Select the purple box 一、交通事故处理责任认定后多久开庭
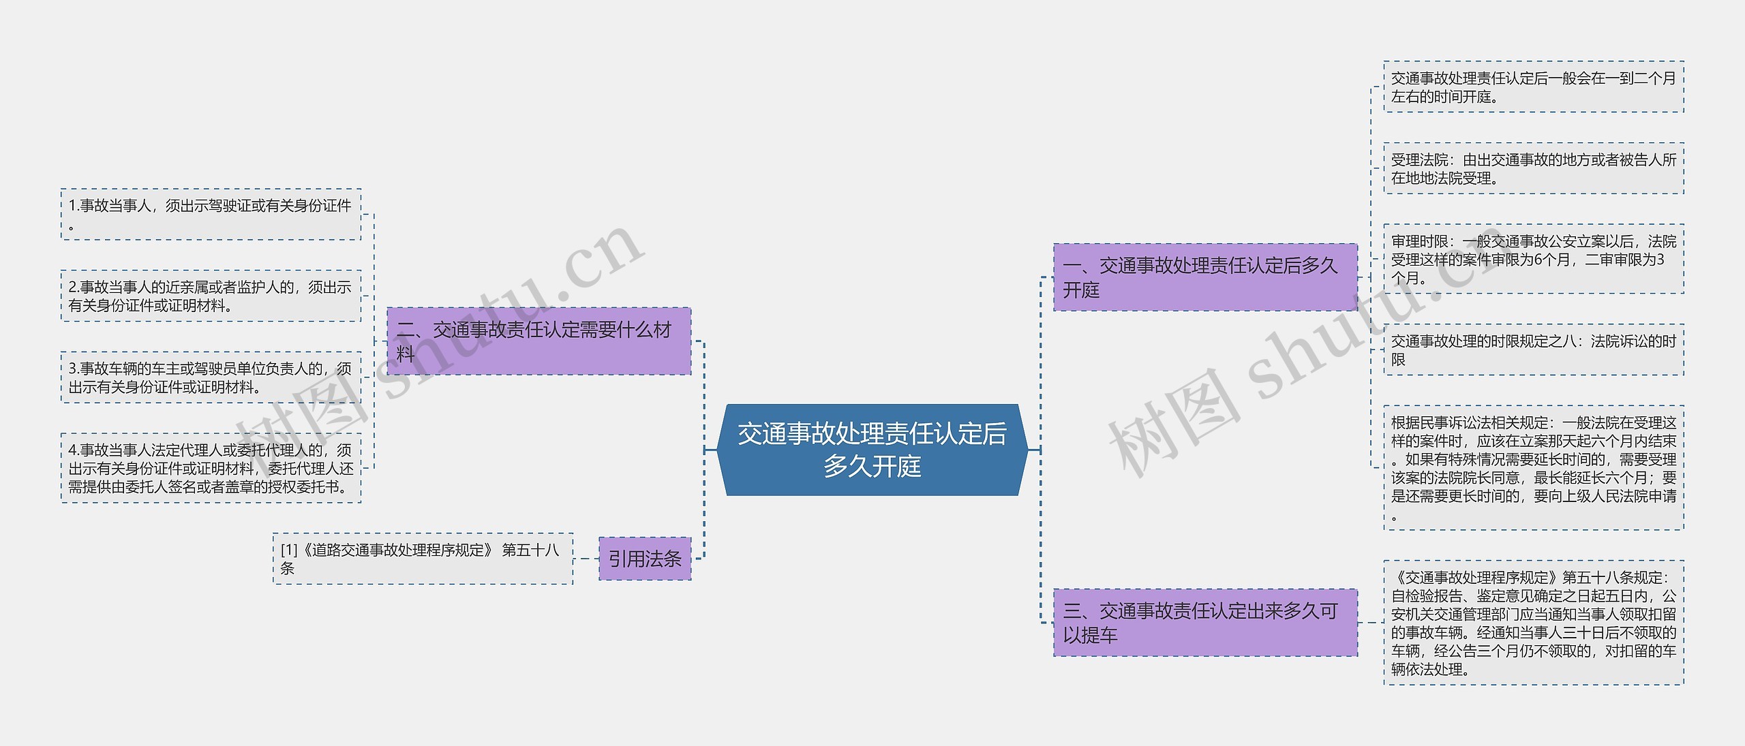pos(1204,277)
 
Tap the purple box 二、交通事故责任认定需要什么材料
pos(538,341)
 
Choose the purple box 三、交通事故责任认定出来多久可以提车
pos(1204,623)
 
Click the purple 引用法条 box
pos(645,559)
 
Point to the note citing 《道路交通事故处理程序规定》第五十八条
pos(423,559)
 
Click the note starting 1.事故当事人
pos(211,214)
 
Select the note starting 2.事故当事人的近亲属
pos(211,296)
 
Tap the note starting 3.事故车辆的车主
pos(211,377)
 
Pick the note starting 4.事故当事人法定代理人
pos(211,468)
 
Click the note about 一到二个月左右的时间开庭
pos(1533,87)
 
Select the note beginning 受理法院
pos(1533,168)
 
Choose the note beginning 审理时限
pos(1533,259)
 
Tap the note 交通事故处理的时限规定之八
pos(1533,349)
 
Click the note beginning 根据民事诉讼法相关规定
pos(1533,468)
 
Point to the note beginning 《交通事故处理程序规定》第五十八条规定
pos(1533,623)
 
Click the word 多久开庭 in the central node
pos(872,467)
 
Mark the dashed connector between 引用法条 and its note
pos(586,559)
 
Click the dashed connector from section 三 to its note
pos(1370,623)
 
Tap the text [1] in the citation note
pos(289,550)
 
